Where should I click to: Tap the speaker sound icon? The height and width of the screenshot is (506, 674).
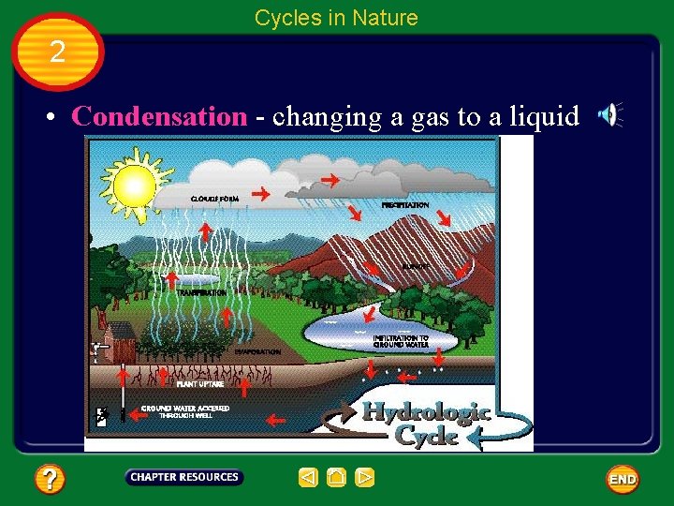coord(609,115)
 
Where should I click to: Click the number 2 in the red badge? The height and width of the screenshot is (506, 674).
coord(58,52)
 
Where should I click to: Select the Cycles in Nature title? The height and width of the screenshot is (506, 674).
coord(336,17)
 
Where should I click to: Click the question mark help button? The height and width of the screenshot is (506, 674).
coord(50,480)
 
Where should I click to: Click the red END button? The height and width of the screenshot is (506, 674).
coord(623,480)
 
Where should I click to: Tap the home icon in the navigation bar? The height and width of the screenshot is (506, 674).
coord(337,478)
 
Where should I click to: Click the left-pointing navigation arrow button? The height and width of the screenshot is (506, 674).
coord(309,478)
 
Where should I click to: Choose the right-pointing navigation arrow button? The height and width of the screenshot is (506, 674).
coord(365,478)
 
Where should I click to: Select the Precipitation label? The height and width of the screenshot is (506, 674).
coord(405,204)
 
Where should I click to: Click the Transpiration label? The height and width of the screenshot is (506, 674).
coord(202,292)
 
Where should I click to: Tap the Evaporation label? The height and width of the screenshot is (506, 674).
coord(257,351)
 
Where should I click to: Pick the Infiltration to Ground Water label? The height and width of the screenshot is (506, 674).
coord(401,341)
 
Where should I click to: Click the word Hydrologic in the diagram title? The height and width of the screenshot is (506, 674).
coord(426,412)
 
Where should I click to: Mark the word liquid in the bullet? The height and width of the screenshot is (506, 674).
coord(544,117)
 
